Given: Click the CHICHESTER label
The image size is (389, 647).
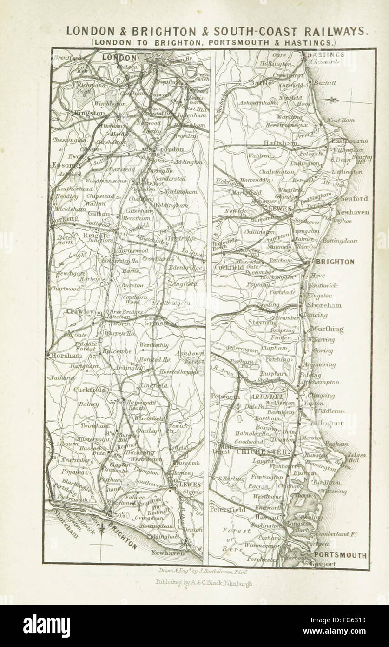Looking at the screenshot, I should (262, 452).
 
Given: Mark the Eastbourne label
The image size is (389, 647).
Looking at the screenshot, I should (349, 141).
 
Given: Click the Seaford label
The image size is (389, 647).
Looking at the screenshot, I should (354, 198).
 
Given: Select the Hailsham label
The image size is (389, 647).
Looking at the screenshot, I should (280, 143).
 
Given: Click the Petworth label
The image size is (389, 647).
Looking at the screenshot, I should (225, 397).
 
